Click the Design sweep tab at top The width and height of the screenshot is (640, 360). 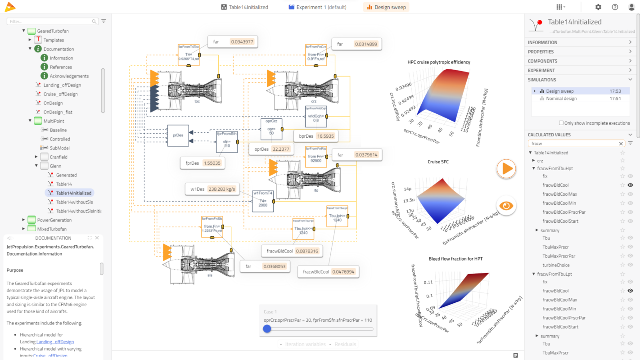386,7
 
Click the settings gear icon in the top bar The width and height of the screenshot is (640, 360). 598,7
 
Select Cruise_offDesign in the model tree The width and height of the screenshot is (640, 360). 60,94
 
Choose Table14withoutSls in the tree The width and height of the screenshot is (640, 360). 75,202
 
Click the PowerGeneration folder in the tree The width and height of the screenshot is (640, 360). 54,220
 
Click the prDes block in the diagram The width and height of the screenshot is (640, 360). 178,135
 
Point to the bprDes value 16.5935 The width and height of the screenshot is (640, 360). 326,136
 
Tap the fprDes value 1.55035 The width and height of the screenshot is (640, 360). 212,163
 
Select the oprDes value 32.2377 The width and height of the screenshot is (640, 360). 281,149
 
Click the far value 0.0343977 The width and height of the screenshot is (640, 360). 242,42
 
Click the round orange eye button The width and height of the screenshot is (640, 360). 506,206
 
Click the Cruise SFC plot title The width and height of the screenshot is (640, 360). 438,162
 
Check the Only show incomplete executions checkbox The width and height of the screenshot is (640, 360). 561,123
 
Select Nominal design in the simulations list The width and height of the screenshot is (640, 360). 561,99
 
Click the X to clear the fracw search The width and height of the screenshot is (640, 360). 621,144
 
